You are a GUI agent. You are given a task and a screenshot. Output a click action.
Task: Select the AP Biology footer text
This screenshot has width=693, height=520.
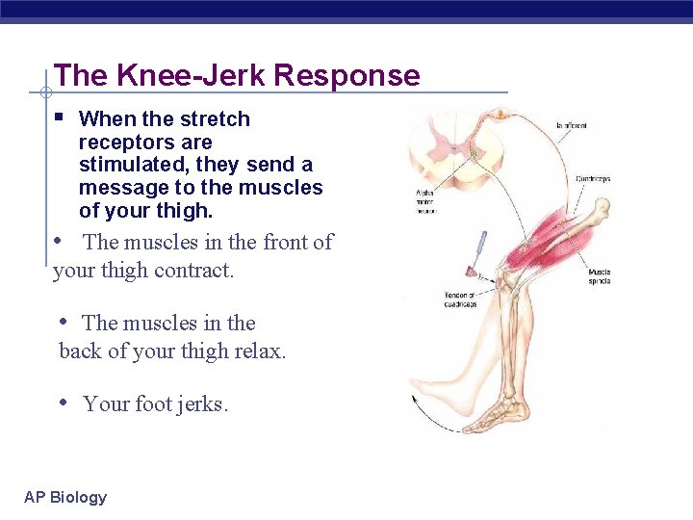tap(65, 497)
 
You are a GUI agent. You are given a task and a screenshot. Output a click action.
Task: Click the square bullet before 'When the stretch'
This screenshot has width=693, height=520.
tap(59, 117)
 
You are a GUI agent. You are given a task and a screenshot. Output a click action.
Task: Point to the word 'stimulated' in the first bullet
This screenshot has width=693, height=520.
tap(129, 165)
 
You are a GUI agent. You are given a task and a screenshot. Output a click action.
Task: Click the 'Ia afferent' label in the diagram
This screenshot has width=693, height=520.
tap(571, 126)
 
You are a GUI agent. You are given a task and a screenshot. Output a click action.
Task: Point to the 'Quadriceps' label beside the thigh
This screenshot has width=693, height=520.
tap(592, 178)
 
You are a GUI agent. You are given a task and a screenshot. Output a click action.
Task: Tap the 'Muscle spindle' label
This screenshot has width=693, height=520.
tap(599, 278)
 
